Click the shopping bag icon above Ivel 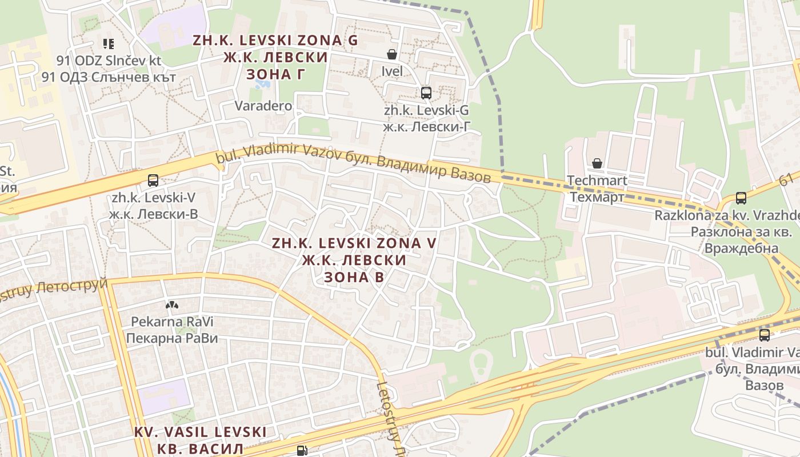[392, 54]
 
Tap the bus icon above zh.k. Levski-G [426, 93]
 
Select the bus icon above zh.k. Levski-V [153, 181]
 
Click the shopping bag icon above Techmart [597, 164]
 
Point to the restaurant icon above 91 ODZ [109, 43]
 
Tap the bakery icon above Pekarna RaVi [171, 306]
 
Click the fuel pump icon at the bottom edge [301, 451]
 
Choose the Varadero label [263, 106]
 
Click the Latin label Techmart [597, 181]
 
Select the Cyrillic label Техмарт [597, 197]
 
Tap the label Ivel [392, 71]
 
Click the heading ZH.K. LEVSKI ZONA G [275, 41]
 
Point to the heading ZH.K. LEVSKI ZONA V [354, 243]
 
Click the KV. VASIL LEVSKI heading [201, 432]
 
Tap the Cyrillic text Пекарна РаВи [172, 338]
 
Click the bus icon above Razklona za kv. [741, 198]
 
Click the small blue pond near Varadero [263, 84]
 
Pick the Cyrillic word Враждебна [741, 248]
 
